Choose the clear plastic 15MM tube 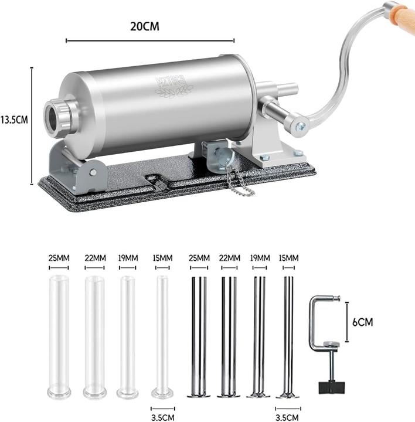pyautogui.click(x=162, y=334)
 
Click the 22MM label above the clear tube pyautogui.click(x=96, y=258)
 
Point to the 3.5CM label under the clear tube pyautogui.click(x=162, y=417)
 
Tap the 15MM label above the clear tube pyautogui.click(x=162, y=258)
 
